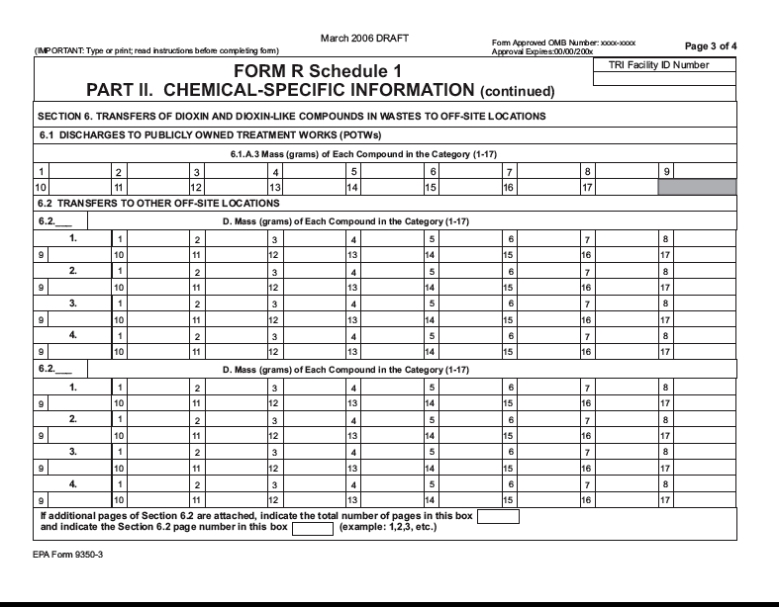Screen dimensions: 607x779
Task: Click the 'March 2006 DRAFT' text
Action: point(365,38)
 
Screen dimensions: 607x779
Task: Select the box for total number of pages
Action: point(498,516)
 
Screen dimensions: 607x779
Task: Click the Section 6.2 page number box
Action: point(312,528)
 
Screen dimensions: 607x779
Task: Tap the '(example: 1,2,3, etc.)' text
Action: point(388,527)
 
